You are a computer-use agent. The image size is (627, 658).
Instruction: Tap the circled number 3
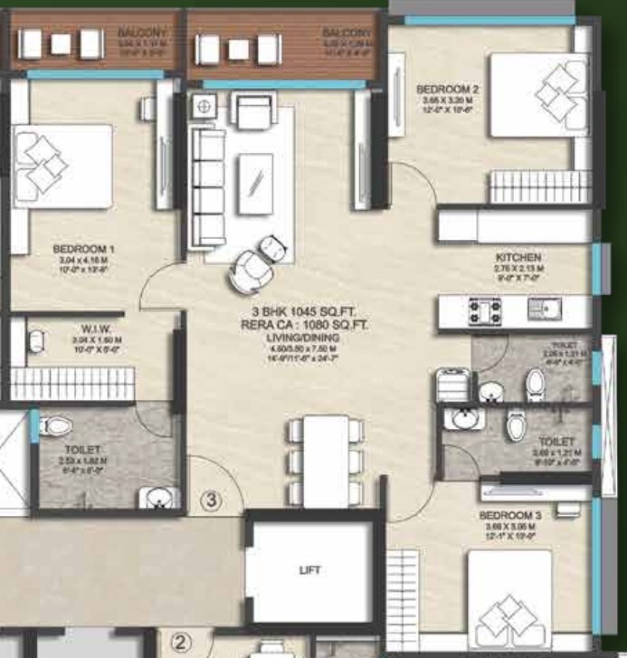[x=210, y=500]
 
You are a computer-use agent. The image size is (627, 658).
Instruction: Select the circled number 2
[x=181, y=643]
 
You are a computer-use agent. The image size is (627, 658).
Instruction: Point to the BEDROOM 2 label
[x=447, y=90]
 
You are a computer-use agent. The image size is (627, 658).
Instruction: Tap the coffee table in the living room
[x=256, y=180]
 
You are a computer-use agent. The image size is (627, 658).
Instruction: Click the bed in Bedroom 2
[x=537, y=94]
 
